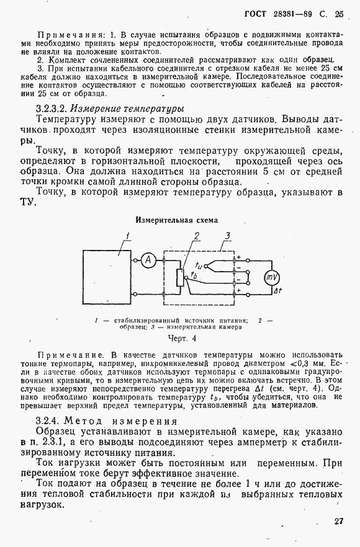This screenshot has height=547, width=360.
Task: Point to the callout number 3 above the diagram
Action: pyautogui.click(x=228, y=235)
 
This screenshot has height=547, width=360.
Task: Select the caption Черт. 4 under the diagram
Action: pyautogui.click(x=182, y=339)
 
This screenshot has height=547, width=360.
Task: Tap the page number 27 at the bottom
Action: pyautogui.click(x=338, y=522)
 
